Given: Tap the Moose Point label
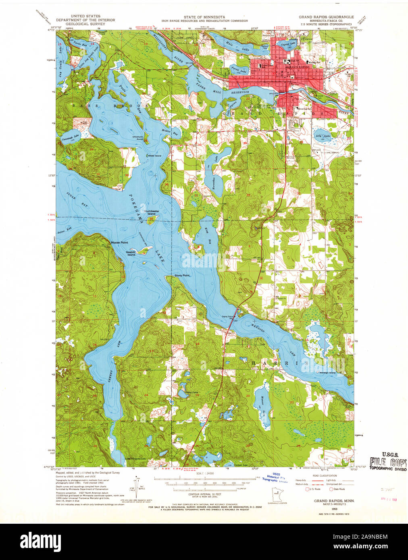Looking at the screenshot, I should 119,243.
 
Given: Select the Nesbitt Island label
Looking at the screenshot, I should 131,253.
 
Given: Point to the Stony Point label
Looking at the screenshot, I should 182,276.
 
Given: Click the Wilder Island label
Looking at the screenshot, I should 154,156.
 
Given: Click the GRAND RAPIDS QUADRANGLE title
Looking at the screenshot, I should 326,17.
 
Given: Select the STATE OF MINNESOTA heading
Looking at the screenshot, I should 204,17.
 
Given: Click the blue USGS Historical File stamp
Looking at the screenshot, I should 276,477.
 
